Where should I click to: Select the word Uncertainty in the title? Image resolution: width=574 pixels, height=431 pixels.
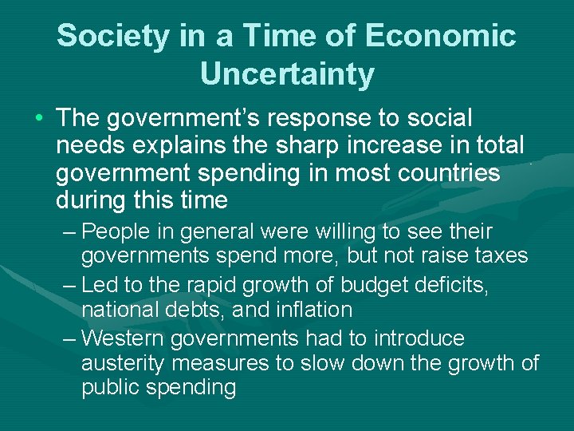pos(287,74)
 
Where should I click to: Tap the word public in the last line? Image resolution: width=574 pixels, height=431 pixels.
pos(112,388)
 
